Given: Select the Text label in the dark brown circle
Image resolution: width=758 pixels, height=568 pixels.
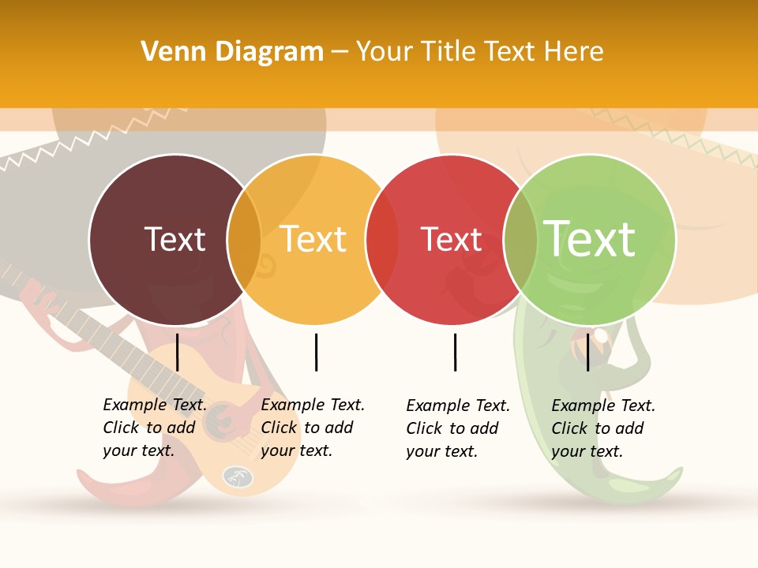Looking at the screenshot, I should (x=174, y=239).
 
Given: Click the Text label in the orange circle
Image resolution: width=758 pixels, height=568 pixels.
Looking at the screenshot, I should (x=313, y=239).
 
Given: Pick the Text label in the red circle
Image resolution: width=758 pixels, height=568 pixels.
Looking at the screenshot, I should (x=451, y=239).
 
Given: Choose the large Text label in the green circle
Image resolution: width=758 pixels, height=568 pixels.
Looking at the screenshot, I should (x=589, y=238).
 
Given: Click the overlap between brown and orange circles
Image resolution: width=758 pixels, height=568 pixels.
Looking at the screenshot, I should (x=244, y=240).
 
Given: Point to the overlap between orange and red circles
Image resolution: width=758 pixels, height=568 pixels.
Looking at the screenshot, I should (x=382, y=240).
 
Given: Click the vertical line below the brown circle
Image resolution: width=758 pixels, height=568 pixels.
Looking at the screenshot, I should (x=178, y=352).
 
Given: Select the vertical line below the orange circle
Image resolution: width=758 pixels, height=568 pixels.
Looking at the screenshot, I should (x=316, y=352).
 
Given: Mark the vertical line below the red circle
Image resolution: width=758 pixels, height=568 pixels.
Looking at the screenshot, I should (x=455, y=352).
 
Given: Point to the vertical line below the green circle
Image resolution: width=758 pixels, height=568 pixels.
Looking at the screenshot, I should (x=588, y=352).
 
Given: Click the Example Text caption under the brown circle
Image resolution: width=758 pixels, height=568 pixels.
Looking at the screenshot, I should (x=155, y=428).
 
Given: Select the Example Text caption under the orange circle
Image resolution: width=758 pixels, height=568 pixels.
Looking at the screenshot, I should (x=313, y=428).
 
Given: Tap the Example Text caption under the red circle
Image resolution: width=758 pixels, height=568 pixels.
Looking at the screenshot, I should (x=458, y=428).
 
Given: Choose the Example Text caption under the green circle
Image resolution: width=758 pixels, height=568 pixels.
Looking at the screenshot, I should (x=603, y=428).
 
